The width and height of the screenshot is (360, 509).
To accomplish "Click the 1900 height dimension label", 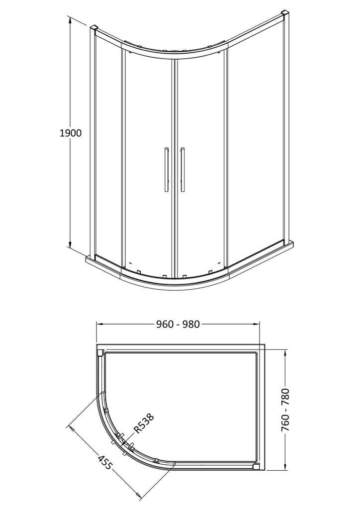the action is pyautogui.click(x=71, y=133).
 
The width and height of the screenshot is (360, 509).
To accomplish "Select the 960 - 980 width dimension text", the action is pyautogui.click(x=178, y=324).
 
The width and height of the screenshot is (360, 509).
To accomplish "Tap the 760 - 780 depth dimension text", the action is pyautogui.click(x=285, y=410).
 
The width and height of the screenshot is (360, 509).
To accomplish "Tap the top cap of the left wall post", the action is pyautogui.click(x=93, y=27).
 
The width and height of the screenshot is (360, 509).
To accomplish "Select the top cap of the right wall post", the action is pyautogui.click(x=285, y=15).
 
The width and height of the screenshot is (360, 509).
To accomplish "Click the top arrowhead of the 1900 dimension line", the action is pyautogui.click(x=70, y=20).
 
